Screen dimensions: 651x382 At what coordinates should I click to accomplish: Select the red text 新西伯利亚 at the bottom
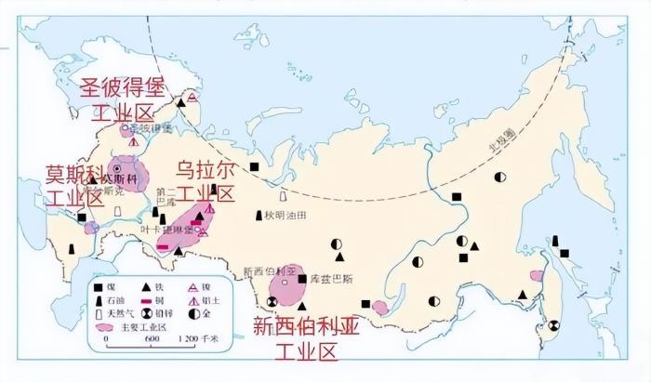tap(302, 327)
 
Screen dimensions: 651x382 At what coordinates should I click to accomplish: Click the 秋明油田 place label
tap(284, 216)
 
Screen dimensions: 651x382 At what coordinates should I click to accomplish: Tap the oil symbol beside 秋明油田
tap(259, 216)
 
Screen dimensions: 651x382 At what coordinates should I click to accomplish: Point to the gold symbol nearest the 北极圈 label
tap(499, 176)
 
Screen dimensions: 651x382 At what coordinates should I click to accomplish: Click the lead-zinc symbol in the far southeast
tap(555, 325)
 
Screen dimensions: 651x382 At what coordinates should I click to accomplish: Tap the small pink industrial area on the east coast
tap(537, 275)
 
